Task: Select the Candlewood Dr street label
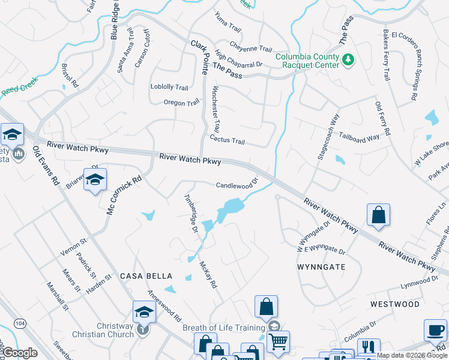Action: click(237, 184)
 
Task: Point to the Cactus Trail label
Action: click(227, 141)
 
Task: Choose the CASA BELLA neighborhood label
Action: click(146, 276)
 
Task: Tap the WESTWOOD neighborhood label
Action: click(394, 304)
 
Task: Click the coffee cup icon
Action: click(435, 330)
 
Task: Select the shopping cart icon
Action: click(277, 342)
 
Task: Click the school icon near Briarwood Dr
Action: click(94, 179)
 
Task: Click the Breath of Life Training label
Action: click(223, 328)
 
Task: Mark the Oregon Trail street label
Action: click(181, 103)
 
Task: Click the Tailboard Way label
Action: click(359, 137)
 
